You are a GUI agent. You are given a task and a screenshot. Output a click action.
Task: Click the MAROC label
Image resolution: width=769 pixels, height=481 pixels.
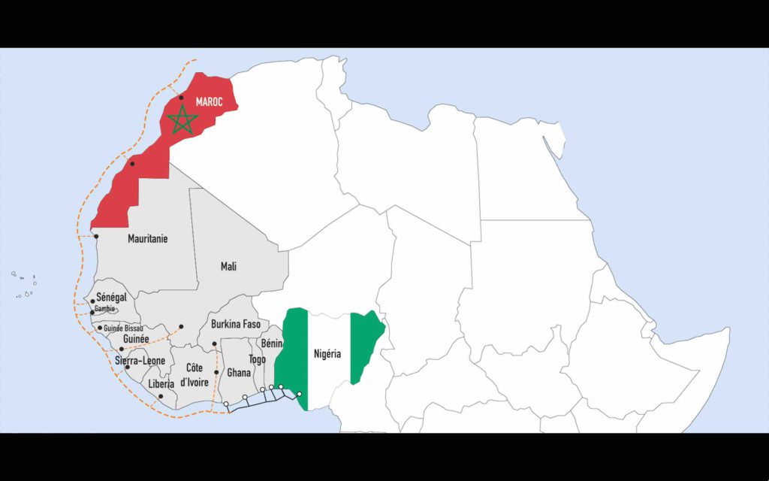click(209, 101)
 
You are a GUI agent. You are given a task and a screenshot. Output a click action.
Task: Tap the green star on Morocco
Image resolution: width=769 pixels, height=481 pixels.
click(182, 120)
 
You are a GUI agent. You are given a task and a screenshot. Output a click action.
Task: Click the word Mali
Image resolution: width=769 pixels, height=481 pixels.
click(228, 266)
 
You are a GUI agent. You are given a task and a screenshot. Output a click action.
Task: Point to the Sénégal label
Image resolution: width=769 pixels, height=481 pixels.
click(111, 297)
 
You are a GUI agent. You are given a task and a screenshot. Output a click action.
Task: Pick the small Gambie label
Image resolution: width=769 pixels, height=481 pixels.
click(105, 309)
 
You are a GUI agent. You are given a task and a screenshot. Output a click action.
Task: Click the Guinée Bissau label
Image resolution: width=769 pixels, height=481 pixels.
click(124, 328)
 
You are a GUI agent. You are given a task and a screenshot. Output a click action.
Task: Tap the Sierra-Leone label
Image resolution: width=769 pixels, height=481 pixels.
click(140, 361)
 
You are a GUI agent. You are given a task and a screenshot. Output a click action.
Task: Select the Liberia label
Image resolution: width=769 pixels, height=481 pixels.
click(161, 383)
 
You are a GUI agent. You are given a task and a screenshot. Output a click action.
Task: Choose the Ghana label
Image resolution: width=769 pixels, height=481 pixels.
click(239, 373)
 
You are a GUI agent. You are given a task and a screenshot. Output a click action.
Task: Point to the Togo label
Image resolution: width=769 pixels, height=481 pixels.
click(257, 360)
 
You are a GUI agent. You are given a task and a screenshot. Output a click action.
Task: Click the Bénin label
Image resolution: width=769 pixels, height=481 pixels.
click(271, 343)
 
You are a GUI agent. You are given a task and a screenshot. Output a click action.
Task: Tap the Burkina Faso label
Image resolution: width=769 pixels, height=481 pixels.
click(235, 325)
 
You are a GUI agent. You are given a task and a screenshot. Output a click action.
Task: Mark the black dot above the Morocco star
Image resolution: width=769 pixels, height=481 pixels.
click(181, 98)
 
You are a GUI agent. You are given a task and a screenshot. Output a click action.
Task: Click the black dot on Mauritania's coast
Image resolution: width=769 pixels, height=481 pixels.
click(96, 236)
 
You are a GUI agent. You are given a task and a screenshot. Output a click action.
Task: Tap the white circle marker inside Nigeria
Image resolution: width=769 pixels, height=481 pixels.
click(299, 394)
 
